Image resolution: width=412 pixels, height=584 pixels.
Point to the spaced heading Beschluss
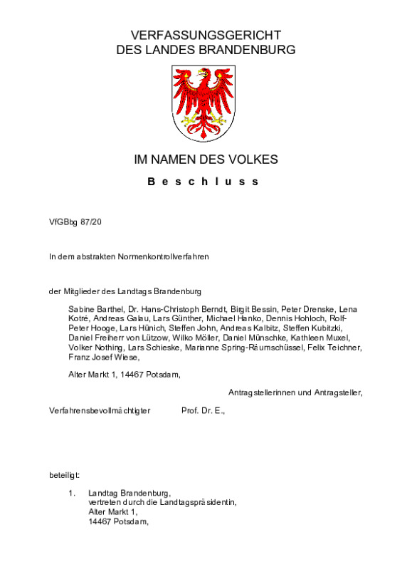click(204, 182)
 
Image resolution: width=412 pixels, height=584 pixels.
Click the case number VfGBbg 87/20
click(76, 221)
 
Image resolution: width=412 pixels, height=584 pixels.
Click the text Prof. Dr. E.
click(203, 411)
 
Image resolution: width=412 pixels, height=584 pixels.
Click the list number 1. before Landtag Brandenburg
click(72, 493)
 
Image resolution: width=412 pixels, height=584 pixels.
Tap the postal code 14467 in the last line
click(100, 521)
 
